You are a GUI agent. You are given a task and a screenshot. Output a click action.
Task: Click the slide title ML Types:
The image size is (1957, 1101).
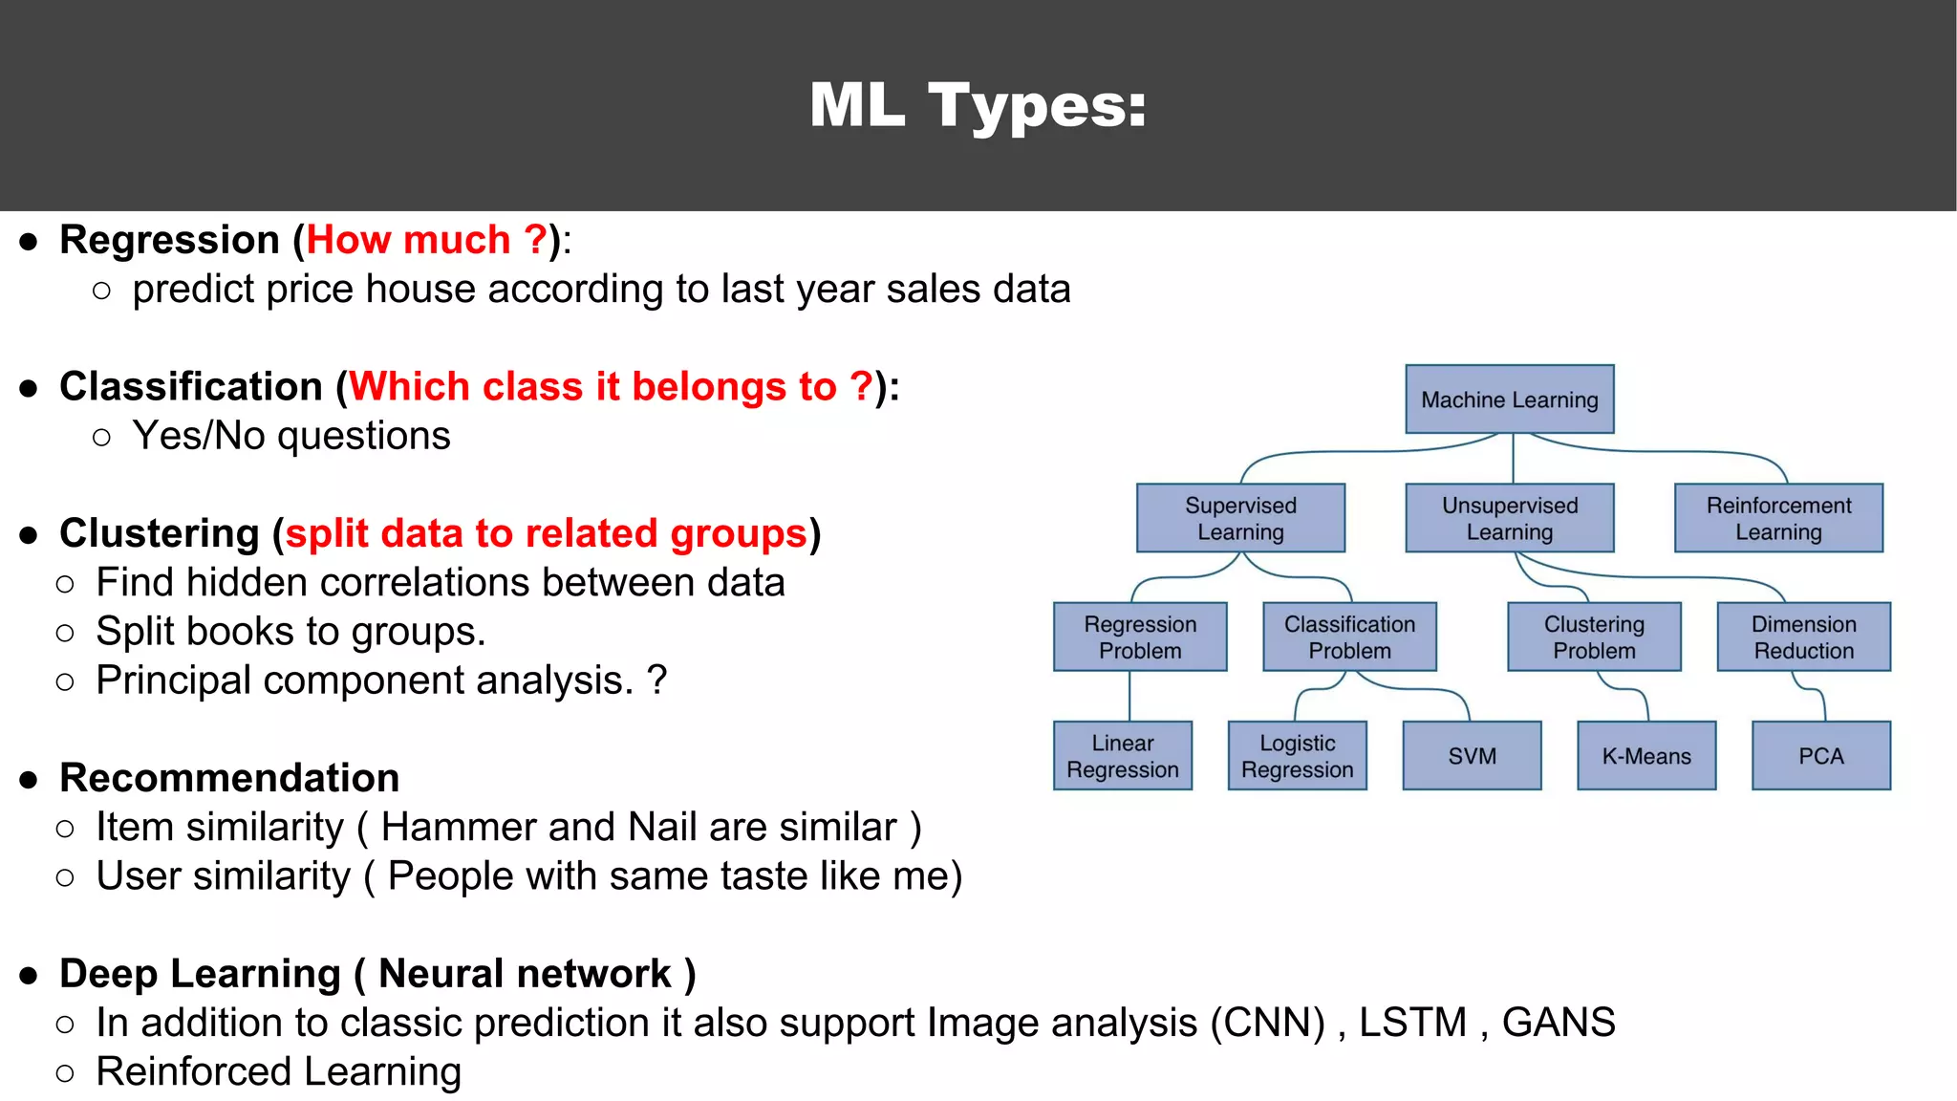(x=978, y=105)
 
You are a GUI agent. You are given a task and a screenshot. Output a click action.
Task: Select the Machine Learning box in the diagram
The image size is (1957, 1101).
(x=1509, y=399)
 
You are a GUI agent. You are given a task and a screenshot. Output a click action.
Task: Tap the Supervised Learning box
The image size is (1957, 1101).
(x=1240, y=518)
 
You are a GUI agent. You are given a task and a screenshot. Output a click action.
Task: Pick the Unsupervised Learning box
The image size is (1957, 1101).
(x=1509, y=518)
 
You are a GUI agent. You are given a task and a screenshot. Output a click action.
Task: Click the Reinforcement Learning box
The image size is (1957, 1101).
(x=1778, y=518)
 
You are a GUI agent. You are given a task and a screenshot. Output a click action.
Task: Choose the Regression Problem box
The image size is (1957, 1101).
(x=1140, y=637)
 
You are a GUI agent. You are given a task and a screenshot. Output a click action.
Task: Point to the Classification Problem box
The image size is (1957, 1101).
(x=1349, y=637)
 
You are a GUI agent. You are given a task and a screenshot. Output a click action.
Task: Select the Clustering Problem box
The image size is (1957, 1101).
(x=1594, y=637)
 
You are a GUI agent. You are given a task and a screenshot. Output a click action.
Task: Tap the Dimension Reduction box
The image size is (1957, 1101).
(x=1803, y=637)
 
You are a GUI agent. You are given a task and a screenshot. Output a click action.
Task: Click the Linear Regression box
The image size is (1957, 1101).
(x=1123, y=756)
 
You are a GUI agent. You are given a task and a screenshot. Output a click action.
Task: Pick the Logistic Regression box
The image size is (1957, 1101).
(x=1297, y=756)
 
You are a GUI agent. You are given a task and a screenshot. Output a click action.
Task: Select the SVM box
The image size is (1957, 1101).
(x=1472, y=756)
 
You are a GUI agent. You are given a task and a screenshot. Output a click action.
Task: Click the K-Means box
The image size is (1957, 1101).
(x=1646, y=756)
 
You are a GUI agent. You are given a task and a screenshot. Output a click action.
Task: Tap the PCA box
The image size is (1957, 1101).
(x=1820, y=756)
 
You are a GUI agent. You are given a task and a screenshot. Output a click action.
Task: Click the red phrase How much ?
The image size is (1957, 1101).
(x=426, y=240)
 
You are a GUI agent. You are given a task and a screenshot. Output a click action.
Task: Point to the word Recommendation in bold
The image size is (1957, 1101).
(x=229, y=778)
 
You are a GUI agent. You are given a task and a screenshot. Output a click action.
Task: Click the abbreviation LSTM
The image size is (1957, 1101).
(x=1412, y=1023)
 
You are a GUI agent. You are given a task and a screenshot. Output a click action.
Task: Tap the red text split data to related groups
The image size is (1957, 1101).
(x=547, y=533)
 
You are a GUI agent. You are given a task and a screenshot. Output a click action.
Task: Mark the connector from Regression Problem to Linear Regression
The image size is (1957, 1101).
(x=1129, y=696)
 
